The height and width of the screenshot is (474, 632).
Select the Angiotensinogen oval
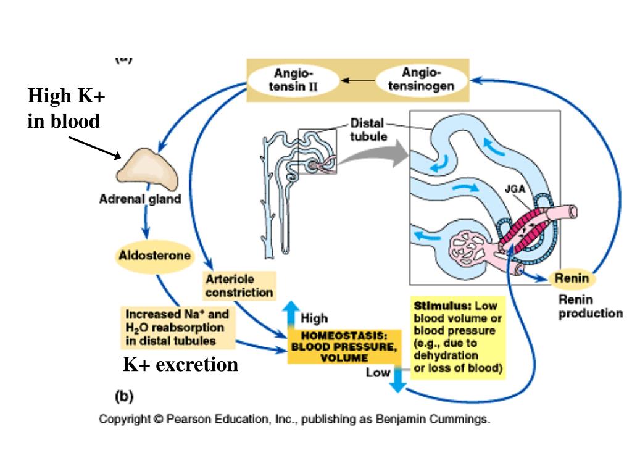click(419, 79)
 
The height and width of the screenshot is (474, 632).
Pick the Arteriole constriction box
click(239, 286)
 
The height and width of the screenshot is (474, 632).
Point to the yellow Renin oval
click(572, 278)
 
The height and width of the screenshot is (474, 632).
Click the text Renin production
click(589, 307)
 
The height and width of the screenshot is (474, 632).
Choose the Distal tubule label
click(368, 130)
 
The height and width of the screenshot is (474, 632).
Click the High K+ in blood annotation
click(66, 109)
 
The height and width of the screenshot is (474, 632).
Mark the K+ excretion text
click(180, 365)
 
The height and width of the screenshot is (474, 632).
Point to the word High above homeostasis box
click(314, 319)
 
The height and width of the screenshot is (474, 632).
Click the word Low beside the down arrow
click(378, 373)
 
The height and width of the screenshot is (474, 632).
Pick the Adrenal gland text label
click(140, 199)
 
